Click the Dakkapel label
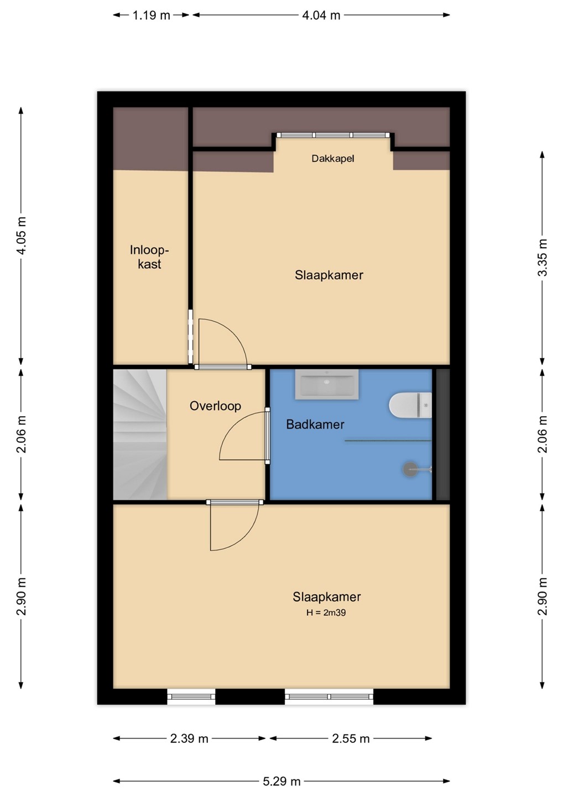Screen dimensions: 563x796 tap(333, 159)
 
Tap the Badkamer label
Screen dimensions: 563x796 tap(315, 425)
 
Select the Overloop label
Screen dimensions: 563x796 tap(215, 406)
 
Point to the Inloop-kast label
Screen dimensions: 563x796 tap(149, 256)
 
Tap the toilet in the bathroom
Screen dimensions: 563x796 tap(410, 405)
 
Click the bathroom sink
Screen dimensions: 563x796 tap(327, 384)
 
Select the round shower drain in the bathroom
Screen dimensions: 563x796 tap(410, 469)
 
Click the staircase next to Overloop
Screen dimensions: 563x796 tap(140, 434)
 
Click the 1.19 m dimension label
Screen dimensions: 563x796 tap(152, 15)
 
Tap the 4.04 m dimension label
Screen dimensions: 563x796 tap(321, 15)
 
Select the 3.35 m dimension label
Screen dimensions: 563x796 tap(543, 258)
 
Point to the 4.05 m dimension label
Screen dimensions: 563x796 tap(22, 235)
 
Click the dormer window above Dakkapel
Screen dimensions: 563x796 tap(333, 135)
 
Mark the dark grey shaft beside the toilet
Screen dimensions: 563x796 tap(443, 434)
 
